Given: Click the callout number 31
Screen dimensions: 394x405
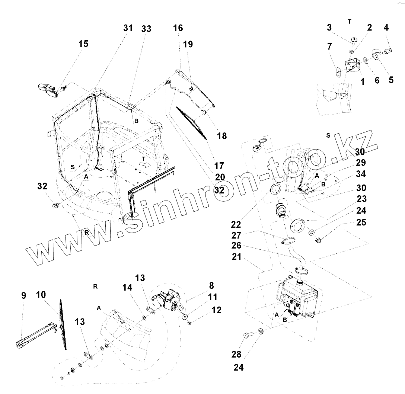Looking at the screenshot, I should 128,28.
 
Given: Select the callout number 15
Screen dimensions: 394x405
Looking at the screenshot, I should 83,44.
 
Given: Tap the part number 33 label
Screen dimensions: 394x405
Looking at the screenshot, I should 146,29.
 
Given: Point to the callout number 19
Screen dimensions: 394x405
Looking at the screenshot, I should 188,44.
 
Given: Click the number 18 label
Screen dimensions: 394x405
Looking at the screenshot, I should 221,136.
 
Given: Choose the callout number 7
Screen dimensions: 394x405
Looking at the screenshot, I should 329,47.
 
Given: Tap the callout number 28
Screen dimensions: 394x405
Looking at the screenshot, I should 236,354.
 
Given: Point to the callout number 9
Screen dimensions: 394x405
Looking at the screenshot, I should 23,296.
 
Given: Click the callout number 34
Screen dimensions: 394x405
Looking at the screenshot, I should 361,174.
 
